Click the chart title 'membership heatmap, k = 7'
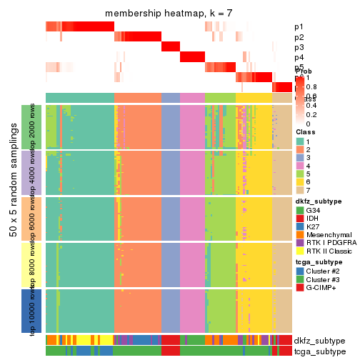point(168,14)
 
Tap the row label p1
point(299,27)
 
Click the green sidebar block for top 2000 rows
point(26,126)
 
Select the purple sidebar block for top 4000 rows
point(26,172)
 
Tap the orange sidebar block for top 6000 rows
point(26,218)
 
